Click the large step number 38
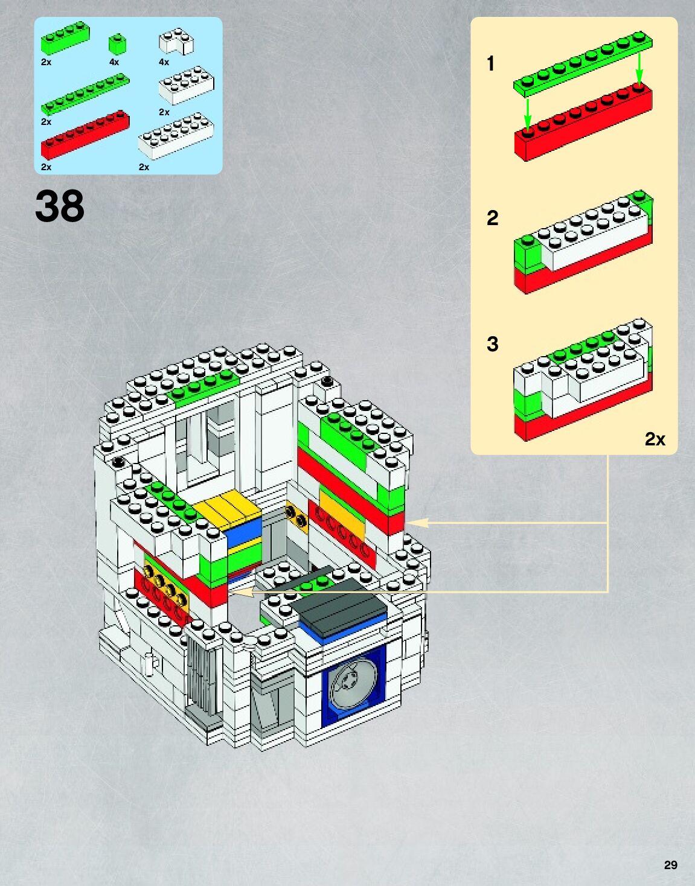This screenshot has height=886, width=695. [60, 206]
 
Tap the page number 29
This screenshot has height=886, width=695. [670, 865]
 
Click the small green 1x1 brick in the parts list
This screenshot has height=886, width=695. [117, 44]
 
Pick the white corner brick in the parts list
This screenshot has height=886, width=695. [176, 42]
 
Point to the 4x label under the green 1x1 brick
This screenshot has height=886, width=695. [114, 62]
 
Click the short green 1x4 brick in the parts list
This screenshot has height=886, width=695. [65, 39]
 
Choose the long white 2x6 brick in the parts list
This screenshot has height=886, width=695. [176, 136]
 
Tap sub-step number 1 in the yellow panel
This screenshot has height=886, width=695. [491, 63]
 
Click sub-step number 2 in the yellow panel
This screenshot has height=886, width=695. [492, 218]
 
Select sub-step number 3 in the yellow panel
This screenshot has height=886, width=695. [492, 344]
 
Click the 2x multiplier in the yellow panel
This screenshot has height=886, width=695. [655, 439]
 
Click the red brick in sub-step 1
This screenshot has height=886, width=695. [583, 124]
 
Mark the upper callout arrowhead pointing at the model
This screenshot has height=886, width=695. [417, 523]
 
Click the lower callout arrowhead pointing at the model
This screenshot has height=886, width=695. [240, 592]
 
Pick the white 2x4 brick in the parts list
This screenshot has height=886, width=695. [186, 84]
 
